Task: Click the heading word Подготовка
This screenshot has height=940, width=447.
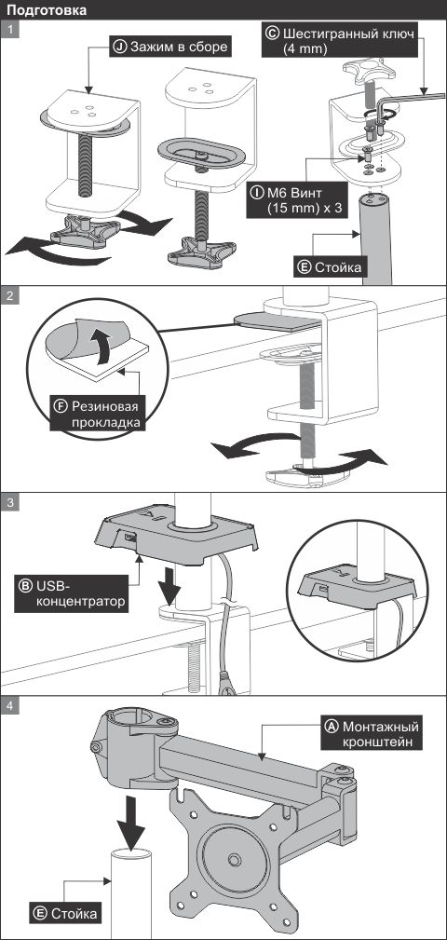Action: pos(47,9)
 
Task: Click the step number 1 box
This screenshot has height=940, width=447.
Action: pos(9,30)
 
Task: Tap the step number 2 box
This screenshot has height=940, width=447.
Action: pos(9,295)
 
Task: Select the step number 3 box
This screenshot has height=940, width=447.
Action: pos(9,502)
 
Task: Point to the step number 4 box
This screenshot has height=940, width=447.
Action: pos(9,705)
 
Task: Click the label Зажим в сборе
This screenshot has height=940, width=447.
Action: pos(170,48)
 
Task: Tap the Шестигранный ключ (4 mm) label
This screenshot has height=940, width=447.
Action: pos(338,41)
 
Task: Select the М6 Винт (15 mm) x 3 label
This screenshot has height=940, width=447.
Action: pos(298,200)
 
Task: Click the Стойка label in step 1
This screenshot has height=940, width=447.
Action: pos(331,267)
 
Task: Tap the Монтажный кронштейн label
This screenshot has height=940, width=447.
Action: pos(371,734)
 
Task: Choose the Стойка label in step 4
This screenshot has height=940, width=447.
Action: pos(65,914)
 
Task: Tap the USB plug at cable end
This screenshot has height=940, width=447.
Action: pos(226,685)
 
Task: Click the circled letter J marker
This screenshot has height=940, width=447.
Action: pos(120,48)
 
